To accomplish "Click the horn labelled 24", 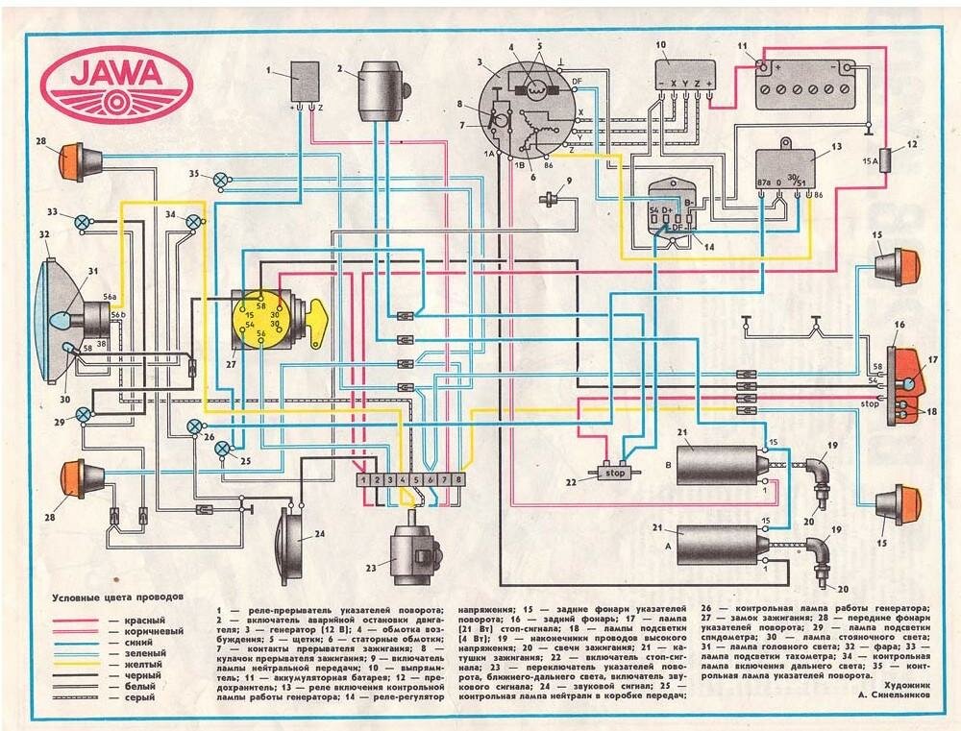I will point(287,545).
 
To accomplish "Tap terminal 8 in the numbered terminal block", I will point(459,478).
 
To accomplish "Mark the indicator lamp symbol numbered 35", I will point(222,180).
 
